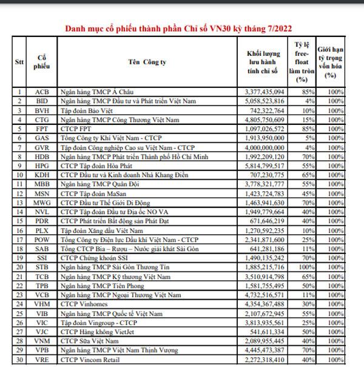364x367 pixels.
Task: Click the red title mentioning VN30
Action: (x=183, y=28)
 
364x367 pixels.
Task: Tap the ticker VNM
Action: (x=42, y=342)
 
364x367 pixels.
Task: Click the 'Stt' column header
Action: (x=19, y=62)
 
